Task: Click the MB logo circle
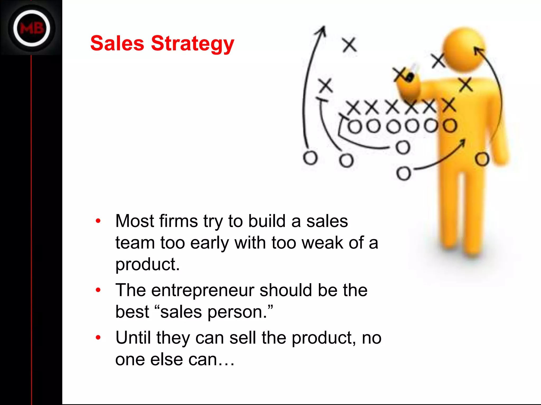32,28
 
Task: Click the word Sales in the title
117,44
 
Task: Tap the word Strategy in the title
192,44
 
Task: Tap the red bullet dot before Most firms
98,221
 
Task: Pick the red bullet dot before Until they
98,338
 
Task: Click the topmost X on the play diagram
349,45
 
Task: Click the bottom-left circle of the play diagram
310,158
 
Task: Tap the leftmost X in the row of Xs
353,108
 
